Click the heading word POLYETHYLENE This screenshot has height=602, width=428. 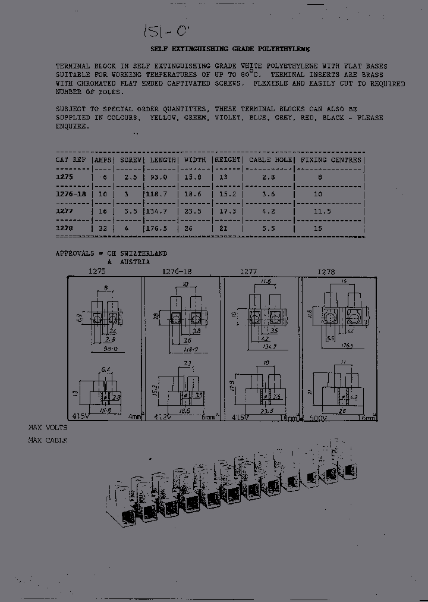point(283,49)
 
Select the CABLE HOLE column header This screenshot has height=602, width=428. point(270,160)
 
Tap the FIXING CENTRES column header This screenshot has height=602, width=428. point(331,160)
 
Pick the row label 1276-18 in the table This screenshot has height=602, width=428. point(71,194)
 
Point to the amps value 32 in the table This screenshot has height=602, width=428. point(104,228)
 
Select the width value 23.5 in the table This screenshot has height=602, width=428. point(194,211)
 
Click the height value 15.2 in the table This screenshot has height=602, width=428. point(227,194)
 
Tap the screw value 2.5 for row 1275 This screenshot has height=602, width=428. point(131,177)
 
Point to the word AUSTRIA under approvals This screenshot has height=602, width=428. point(135,262)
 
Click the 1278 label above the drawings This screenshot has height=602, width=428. point(326,272)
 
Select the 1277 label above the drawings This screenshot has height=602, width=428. point(248,272)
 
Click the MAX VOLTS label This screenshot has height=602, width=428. point(48,428)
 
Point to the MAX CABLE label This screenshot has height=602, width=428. point(48,440)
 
